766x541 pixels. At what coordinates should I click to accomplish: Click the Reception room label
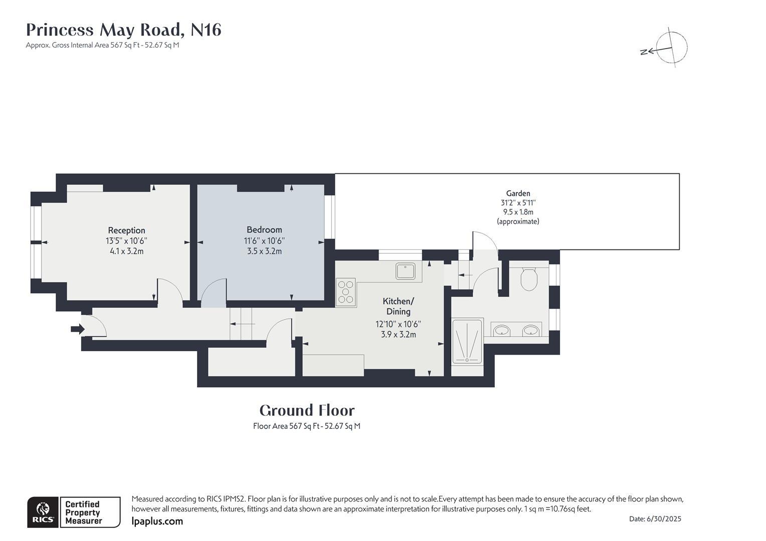click(126, 230)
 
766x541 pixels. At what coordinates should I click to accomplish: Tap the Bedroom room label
click(264, 230)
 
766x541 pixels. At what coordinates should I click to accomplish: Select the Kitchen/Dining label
click(398, 306)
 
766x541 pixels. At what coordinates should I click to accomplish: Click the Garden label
click(518, 193)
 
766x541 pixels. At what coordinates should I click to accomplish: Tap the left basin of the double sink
click(501, 331)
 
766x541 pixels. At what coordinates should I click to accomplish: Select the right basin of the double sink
click(530, 331)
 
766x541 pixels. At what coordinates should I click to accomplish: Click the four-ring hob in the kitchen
click(345, 292)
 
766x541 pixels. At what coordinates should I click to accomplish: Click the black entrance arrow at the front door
click(78, 329)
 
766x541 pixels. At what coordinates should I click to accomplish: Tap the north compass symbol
click(671, 49)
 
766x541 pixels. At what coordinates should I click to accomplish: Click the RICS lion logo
click(43, 512)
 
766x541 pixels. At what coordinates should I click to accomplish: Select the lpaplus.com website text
click(157, 521)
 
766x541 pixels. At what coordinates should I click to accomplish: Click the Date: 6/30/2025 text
click(655, 519)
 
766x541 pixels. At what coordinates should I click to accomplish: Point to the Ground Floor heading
click(307, 411)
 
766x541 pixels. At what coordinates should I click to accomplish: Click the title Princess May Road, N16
click(123, 30)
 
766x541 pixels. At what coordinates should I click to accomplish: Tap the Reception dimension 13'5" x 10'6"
click(126, 241)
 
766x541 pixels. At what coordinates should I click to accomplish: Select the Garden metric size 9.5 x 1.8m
click(518, 212)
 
